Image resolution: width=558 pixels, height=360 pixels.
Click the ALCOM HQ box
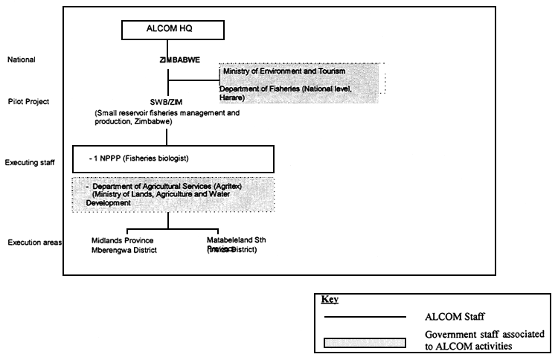pyautogui.click(x=170, y=30)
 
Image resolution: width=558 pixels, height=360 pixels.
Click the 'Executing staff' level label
pyautogui.click(x=33, y=161)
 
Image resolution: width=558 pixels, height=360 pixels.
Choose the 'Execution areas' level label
pyautogui.click(x=35, y=242)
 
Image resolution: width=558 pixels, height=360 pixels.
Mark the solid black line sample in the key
pyautogui.click(x=364, y=318)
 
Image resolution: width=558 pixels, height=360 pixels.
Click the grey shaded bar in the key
pyautogui.click(x=364, y=342)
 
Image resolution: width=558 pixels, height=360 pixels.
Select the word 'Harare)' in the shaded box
pyautogui.click(x=232, y=97)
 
